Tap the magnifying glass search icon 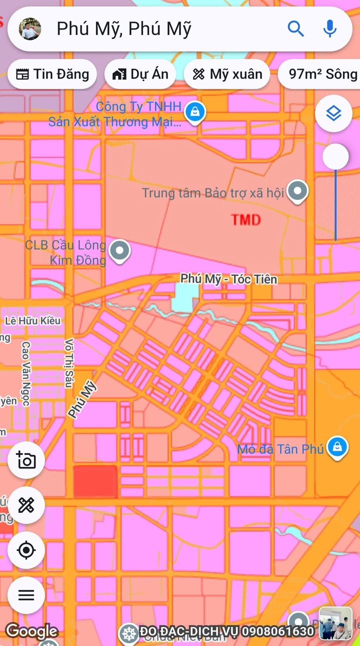pos(295,29)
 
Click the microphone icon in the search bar pos(330,29)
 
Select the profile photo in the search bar pos(30,29)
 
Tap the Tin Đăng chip pos(52,74)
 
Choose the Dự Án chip pos(140,74)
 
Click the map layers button pos(333,114)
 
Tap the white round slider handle pos(335,157)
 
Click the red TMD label pos(246,219)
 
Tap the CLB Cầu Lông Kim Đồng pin pos(120,250)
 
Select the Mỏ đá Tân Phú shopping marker pos(337,446)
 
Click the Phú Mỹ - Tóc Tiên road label pos(229,279)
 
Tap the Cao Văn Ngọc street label pos(26,373)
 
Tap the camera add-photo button pos(26,460)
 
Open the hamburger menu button pos(26,595)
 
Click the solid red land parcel pos(95,481)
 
